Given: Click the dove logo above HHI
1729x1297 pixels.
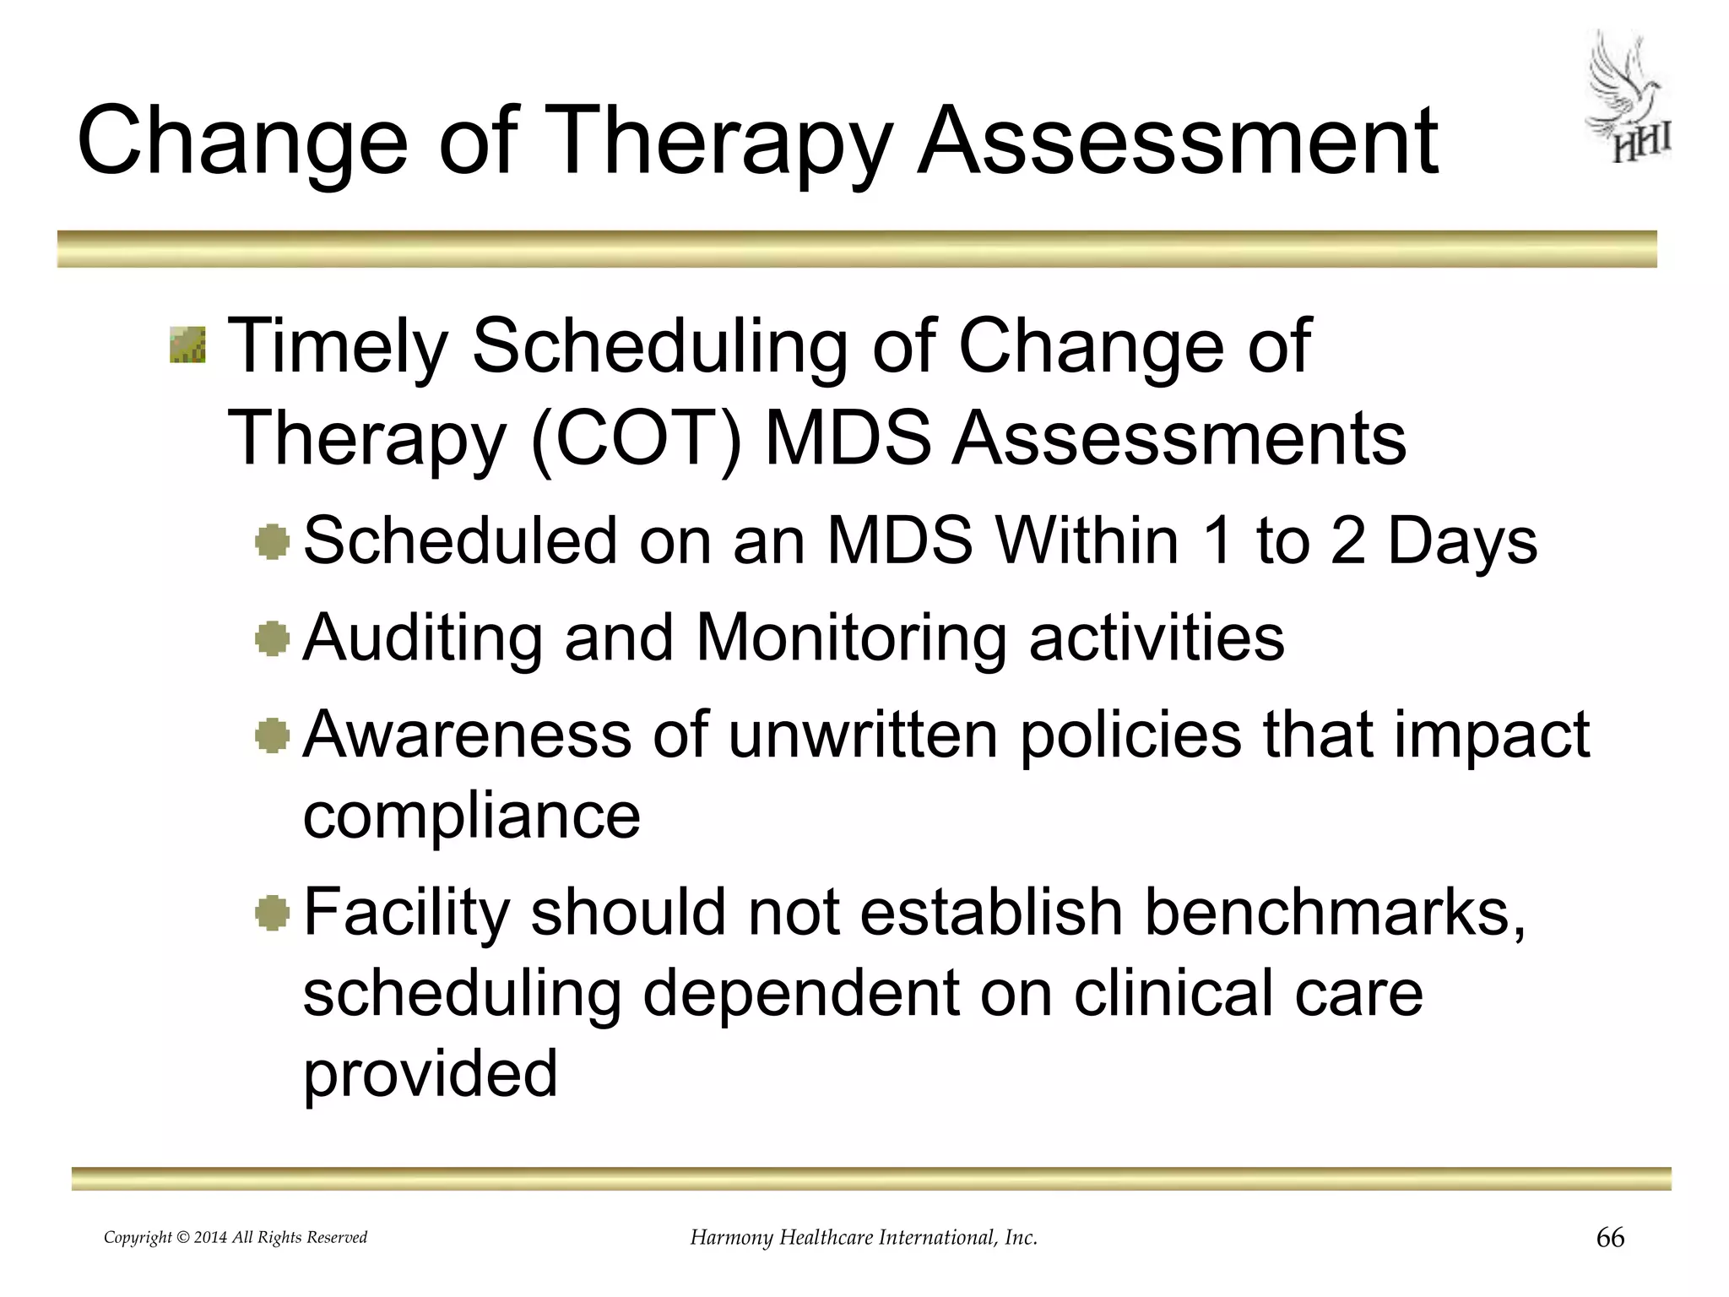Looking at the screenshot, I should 1622,84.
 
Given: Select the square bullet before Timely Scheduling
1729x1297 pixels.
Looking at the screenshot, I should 187,345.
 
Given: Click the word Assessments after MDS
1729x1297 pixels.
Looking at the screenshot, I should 1179,438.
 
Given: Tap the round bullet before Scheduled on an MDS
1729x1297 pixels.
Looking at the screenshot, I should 272,541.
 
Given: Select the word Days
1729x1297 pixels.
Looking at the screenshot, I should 1462,540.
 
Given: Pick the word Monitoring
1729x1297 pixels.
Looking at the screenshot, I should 851,638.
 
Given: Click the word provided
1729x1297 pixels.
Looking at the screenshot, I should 431,1074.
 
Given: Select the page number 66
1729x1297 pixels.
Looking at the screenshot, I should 1610,1238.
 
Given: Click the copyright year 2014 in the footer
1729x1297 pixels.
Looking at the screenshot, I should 210,1238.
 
